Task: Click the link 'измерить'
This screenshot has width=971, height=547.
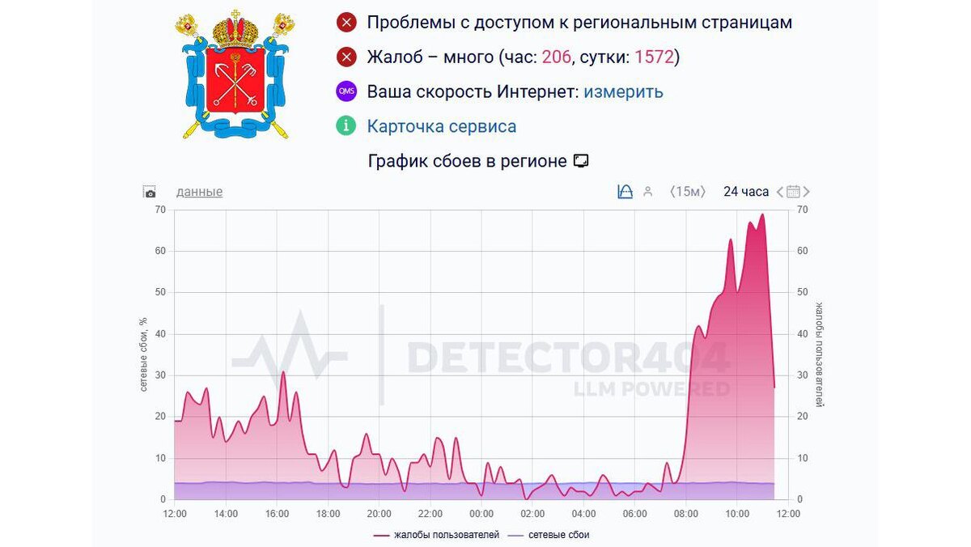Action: pos(623,91)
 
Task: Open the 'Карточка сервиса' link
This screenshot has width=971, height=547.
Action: pos(441,126)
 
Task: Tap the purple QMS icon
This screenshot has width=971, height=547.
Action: pos(346,91)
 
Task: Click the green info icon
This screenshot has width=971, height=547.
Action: pos(346,126)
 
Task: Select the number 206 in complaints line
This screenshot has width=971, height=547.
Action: pos(556,57)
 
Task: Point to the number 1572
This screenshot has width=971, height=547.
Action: pos(654,57)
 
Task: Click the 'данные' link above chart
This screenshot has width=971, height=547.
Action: pos(199,192)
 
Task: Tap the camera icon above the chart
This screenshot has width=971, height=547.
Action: pos(150,193)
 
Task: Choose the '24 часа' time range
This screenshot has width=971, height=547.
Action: pos(745,192)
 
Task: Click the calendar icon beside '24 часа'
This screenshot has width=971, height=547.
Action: pos(793,192)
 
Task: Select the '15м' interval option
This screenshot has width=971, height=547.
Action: pos(688,192)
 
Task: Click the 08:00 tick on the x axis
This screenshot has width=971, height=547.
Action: pos(685,514)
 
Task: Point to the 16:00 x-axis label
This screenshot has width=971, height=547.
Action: pos(277,514)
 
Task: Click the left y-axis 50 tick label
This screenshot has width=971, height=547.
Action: pos(159,292)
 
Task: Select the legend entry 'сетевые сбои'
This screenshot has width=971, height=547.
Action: pos(558,535)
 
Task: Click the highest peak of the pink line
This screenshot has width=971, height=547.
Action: pos(762,215)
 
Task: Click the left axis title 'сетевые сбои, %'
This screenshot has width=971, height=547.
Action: pos(143,354)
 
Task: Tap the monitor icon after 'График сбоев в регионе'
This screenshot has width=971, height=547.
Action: pos(580,161)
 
